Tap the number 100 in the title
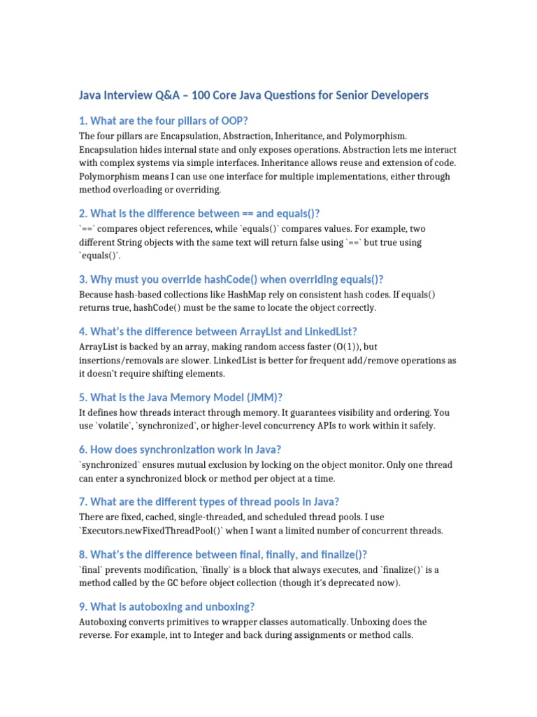pyautogui.click(x=202, y=95)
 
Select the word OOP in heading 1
pyautogui.click(x=234, y=120)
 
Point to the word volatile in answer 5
pyautogui.click(x=117, y=426)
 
